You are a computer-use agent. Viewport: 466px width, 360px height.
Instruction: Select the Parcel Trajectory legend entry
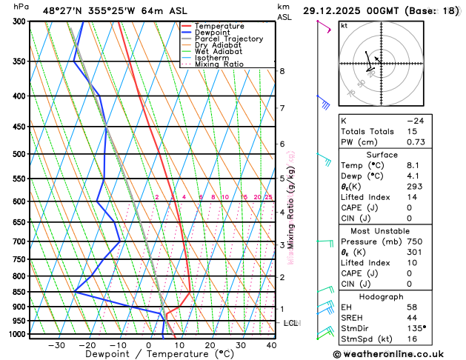pyautogui.click(x=228, y=39)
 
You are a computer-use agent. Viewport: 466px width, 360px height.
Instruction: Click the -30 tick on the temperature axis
pyautogui.click(x=56, y=345)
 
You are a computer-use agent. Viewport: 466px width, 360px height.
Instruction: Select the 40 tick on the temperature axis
pyautogui.click(x=271, y=345)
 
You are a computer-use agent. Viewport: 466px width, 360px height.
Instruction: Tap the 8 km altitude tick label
pyautogui.click(x=282, y=71)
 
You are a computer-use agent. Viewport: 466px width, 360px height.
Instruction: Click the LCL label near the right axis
pyautogui.click(x=290, y=324)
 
